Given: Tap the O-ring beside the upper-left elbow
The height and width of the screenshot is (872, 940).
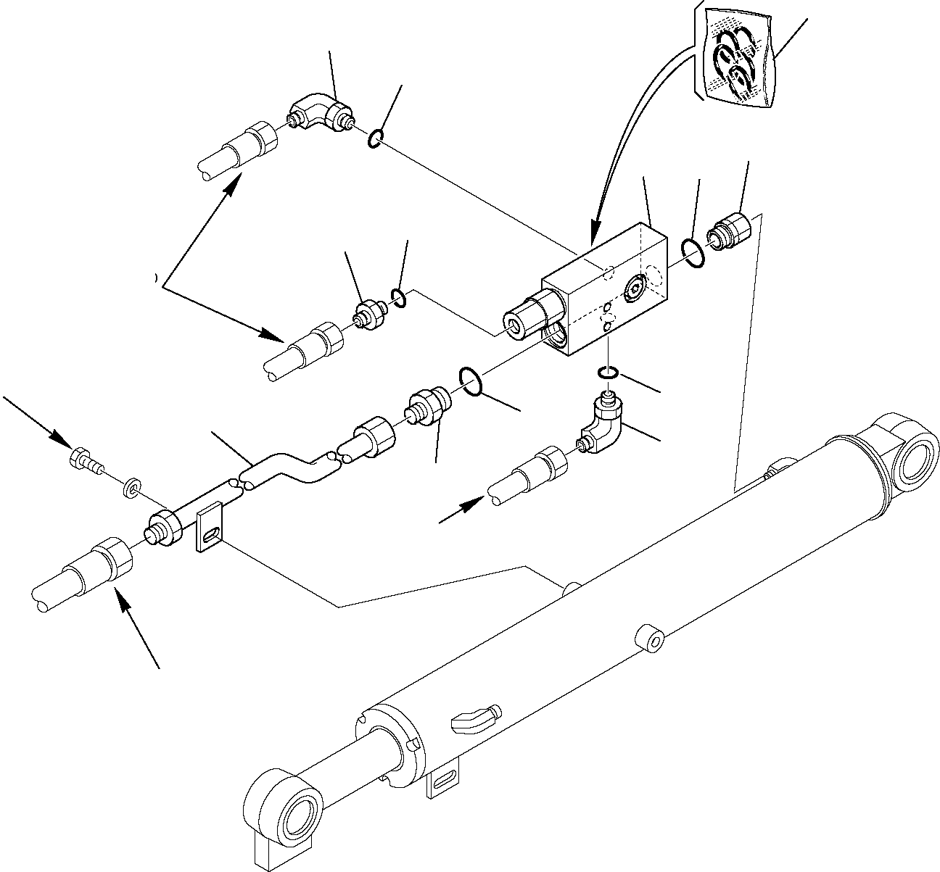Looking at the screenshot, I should coord(375,138).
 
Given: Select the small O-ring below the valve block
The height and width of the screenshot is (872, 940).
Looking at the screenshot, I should coord(608,373).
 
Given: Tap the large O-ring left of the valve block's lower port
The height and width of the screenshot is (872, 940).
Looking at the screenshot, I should coord(470,381).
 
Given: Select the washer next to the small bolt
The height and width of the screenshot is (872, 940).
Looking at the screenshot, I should coord(132,486).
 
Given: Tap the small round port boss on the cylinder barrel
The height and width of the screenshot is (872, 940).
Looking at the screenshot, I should coord(650,641).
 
